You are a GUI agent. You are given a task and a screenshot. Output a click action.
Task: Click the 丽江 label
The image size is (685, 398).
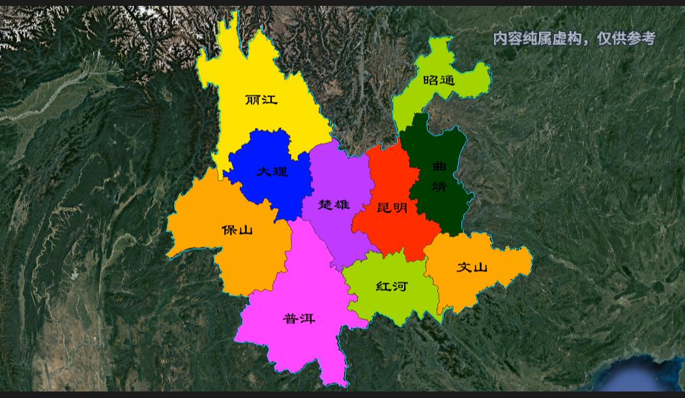tap(261, 100)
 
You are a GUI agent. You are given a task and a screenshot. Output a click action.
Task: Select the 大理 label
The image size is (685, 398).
tap(272, 172)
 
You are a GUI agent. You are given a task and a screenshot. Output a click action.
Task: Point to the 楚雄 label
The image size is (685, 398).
tap(334, 204)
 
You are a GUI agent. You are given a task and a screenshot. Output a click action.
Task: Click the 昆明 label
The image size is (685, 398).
tap(392, 207)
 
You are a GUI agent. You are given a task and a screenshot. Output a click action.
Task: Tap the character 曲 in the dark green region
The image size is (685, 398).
tap(440, 167)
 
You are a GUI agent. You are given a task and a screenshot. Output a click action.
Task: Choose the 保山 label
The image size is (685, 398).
tap(237, 230)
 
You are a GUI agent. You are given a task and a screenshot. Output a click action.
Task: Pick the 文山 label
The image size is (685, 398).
tap(472, 267)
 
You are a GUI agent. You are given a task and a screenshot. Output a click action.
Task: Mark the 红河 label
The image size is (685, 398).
tap(392, 286)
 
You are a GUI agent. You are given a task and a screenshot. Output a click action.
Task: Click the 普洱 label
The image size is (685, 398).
tap(299, 318)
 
